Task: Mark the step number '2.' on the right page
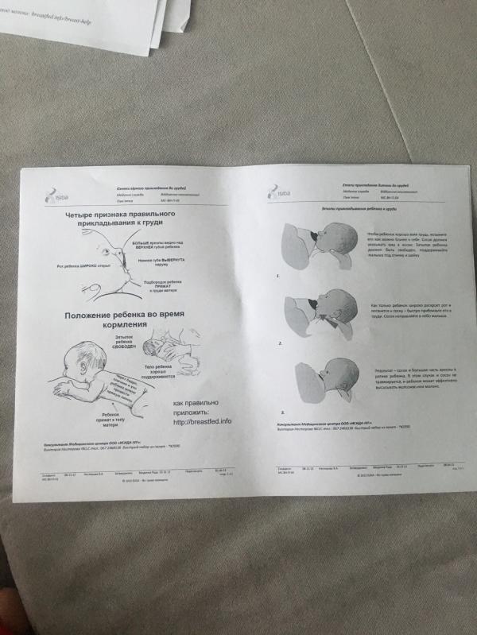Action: point(281,344)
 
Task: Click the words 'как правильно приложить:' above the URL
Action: point(195,408)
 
